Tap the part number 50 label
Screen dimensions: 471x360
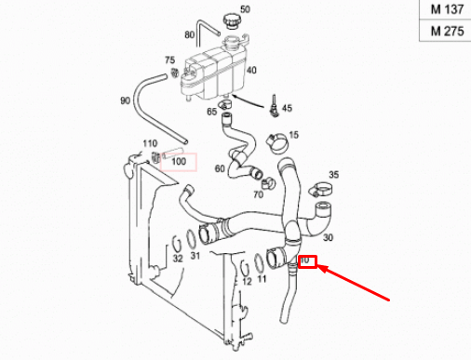tap(245, 10)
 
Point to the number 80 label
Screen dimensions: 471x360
tap(190, 35)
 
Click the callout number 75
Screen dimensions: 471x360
tap(169, 60)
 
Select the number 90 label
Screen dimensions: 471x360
tap(125, 100)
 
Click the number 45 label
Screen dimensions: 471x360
tap(287, 108)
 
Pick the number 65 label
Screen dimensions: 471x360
tap(212, 113)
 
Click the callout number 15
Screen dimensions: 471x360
tap(293, 135)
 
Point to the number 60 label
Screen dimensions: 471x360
tap(220, 169)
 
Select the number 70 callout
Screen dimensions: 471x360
tap(257, 194)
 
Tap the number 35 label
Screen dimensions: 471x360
tap(333, 174)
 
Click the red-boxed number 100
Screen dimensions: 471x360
tap(180, 161)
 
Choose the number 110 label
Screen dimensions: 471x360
tap(148, 143)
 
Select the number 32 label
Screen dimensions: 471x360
tap(177, 258)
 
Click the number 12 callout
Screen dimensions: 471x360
tap(247, 279)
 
